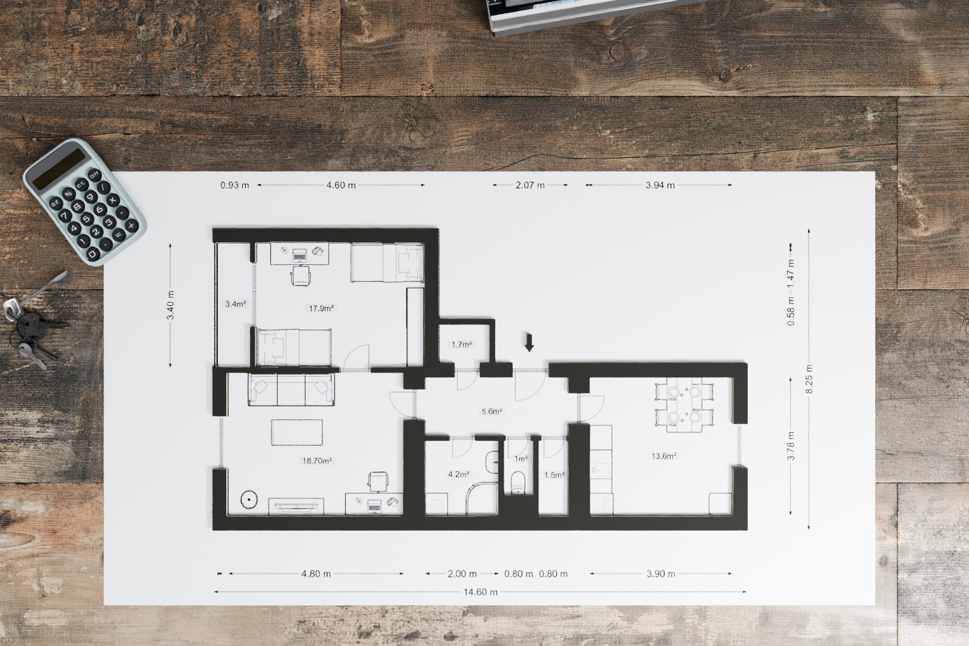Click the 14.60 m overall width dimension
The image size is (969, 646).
[x=480, y=592]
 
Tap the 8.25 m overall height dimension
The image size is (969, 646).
[x=809, y=379]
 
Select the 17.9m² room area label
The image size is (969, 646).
[x=321, y=309]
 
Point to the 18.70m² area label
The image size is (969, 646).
[x=317, y=461]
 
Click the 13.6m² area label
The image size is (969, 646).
[x=664, y=456]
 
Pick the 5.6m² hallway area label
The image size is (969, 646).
[x=492, y=412]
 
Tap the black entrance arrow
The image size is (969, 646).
[x=529, y=342]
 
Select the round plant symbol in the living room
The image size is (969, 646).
[x=249, y=499]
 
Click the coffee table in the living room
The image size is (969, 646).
[x=297, y=432]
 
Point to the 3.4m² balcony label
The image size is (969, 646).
[x=236, y=304]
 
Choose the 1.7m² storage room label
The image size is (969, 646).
[x=462, y=345]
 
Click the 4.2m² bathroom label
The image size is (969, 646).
[x=459, y=475]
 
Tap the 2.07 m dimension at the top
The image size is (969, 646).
[x=530, y=185]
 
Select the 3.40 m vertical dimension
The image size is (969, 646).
[x=170, y=305]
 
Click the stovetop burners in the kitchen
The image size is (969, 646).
[x=601, y=504]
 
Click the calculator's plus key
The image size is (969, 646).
[x=130, y=226]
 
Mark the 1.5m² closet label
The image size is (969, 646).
[x=554, y=475]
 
